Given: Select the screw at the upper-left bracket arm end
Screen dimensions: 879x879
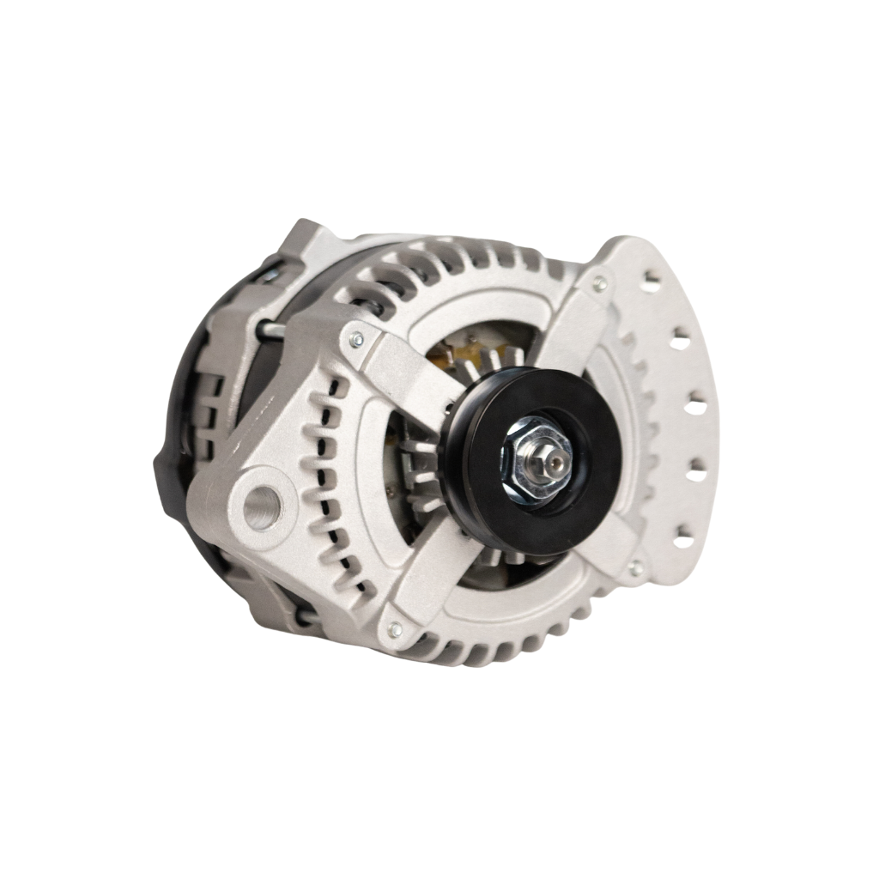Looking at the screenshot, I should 356,340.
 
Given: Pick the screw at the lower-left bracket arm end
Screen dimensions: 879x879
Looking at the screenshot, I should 394,630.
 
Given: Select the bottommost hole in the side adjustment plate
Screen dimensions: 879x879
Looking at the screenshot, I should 684,541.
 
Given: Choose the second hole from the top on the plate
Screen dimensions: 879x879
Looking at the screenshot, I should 680,341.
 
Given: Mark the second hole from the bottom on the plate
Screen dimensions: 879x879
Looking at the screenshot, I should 696,471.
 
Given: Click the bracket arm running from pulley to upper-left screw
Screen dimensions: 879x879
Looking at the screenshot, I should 403,378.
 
